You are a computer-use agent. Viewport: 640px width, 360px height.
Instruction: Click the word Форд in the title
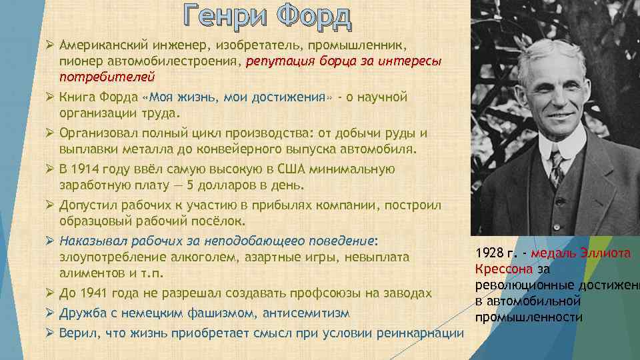[x=312, y=17]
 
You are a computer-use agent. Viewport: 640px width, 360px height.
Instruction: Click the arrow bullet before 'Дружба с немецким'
[x=49, y=313]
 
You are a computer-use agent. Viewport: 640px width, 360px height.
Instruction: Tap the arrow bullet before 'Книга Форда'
[x=49, y=97]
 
